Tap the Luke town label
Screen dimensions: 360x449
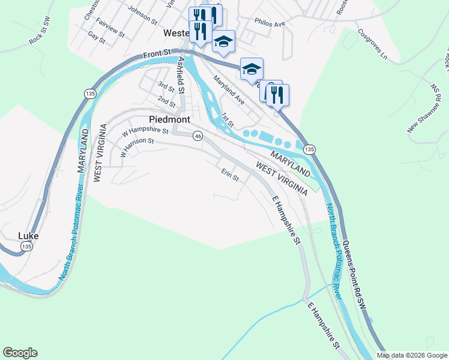28,236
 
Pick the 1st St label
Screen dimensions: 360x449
226,119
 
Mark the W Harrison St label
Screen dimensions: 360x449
137,146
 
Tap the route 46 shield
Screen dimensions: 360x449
197,137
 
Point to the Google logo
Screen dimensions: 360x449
20,353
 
